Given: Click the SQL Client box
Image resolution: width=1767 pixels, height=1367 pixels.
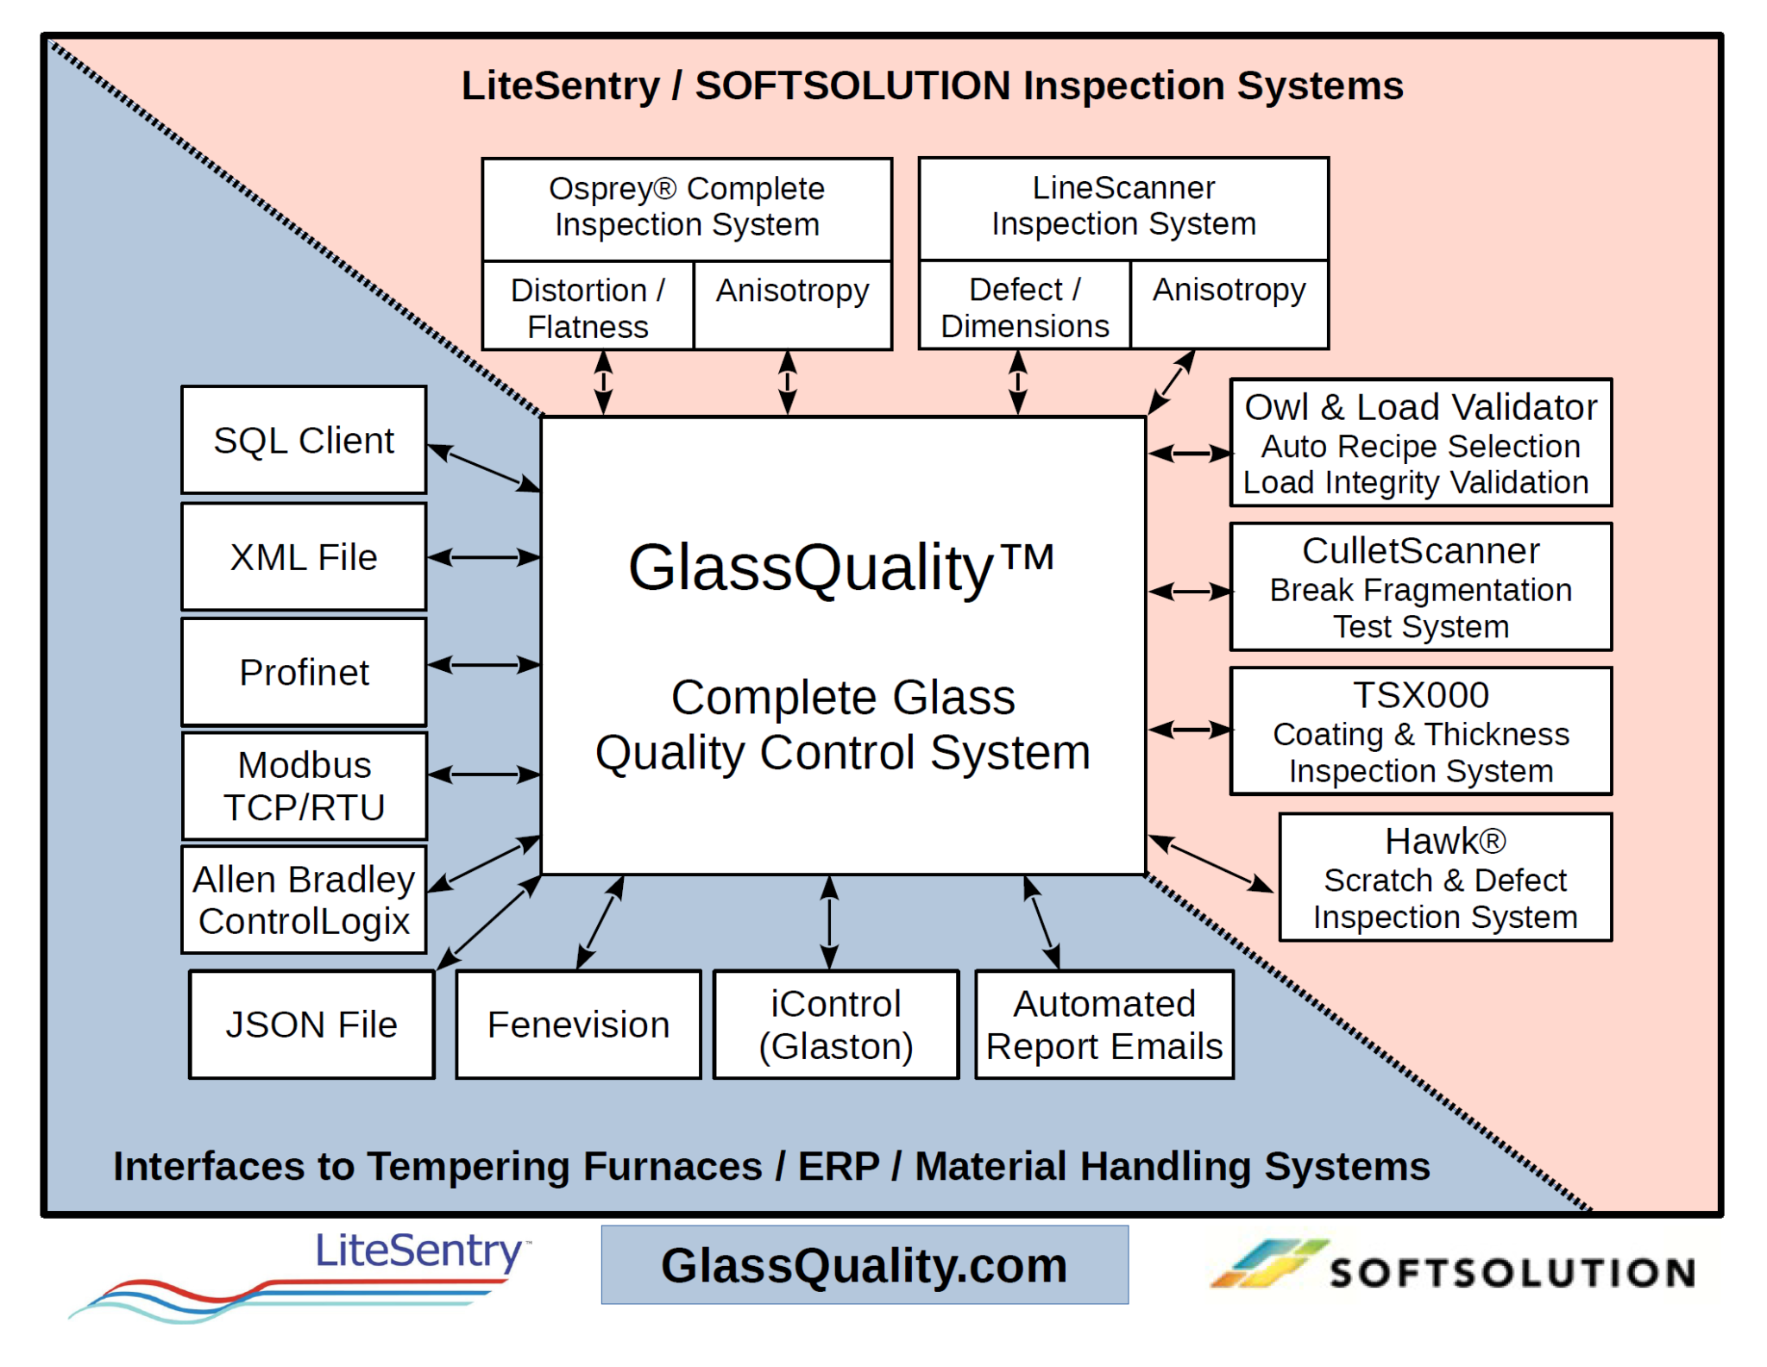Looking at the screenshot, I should tap(304, 440).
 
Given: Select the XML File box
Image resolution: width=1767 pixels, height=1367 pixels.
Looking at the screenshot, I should tap(304, 557).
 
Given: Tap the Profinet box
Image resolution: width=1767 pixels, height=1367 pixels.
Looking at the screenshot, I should tap(304, 672).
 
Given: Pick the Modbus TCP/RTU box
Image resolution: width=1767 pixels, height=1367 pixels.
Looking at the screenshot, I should tap(304, 786).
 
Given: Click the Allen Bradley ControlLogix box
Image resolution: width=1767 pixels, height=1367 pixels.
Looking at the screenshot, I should tap(304, 900).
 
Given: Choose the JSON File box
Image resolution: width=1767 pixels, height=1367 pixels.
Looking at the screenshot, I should tap(311, 1025).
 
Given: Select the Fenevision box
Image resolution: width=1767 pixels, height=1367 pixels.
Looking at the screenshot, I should tap(578, 1025).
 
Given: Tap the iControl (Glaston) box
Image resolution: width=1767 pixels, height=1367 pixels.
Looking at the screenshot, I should tap(835, 1025).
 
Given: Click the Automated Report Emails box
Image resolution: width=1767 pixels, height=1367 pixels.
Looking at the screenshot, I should tap(1104, 1025).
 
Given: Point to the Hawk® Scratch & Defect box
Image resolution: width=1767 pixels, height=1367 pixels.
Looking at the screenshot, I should tap(1444, 877).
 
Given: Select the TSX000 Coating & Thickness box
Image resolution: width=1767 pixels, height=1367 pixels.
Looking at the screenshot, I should tap(1420, 731).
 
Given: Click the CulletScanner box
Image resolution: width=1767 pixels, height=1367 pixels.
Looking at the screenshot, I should tap(1420, 587).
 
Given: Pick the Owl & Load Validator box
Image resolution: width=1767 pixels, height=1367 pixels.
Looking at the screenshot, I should tap(1420, 442).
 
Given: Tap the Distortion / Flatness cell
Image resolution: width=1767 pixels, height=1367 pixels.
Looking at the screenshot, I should tap(588, 307).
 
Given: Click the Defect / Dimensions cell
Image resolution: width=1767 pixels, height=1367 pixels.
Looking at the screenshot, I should tap(1024, 306).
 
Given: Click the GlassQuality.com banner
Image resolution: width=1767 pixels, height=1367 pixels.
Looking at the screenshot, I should tap(865, 1265).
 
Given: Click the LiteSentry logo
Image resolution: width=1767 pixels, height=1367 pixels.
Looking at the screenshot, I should tap(302, 1272).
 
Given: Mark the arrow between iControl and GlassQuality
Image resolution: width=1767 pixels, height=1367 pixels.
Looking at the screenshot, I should tap(829, 922).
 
